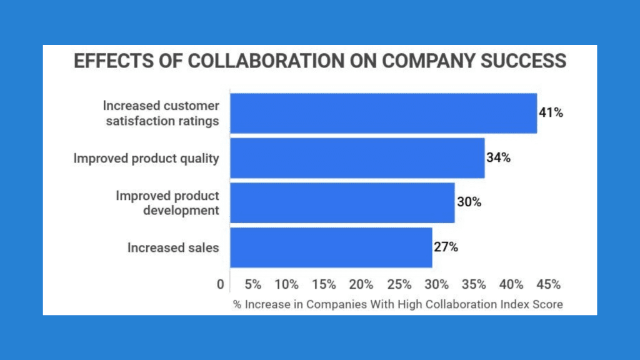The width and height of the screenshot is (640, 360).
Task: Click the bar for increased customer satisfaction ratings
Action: (383, 113)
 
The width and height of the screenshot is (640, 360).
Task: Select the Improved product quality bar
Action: (357, 158)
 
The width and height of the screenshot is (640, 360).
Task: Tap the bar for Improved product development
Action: (342, 202)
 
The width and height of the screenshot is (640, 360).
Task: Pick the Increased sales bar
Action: (331, 247)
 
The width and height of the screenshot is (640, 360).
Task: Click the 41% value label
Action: (551, 113)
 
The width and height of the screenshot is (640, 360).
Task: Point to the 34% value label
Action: (498, 157)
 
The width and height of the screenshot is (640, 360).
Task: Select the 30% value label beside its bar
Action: (468, 202)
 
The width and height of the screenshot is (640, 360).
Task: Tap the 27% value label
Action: (446, 247)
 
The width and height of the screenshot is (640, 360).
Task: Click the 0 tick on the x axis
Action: (221, 284)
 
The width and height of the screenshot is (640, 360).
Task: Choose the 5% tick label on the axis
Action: (252, 284)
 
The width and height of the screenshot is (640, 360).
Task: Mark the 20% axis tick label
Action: (361, 284)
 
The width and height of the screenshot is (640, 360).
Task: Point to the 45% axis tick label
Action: (548, 284)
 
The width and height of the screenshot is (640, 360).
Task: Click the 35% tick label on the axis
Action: (474, 284)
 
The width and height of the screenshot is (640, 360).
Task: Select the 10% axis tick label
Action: (286, 284)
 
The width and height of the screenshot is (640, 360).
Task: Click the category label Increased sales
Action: (173, 247)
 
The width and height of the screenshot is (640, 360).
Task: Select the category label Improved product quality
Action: (146, 158)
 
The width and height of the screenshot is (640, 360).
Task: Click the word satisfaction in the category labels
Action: (148, 121)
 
